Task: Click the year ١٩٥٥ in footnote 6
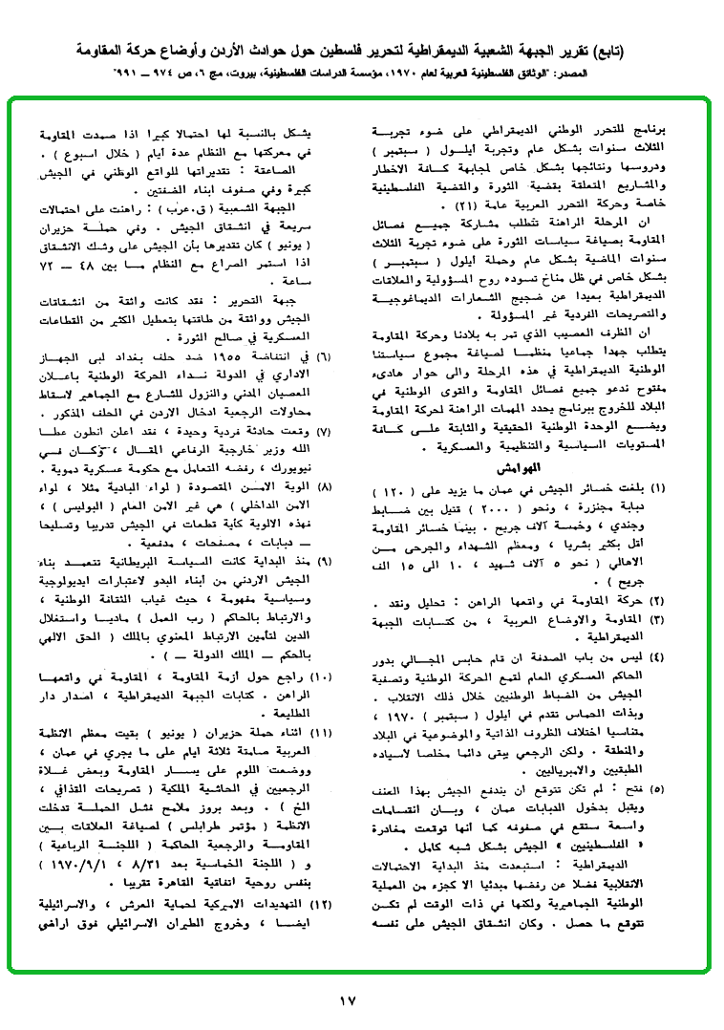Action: pos(252,356)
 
